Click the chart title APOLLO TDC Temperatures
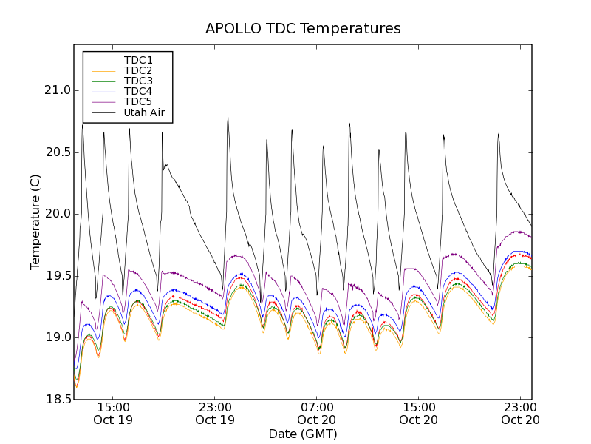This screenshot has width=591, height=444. tap(303, 29)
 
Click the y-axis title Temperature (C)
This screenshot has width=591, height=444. tap(35, 222)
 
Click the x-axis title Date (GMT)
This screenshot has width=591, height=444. tap(303, 434)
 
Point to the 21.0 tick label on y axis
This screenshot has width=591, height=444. tap(57, 91)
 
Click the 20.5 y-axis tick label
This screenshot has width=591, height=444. tap(57, 152)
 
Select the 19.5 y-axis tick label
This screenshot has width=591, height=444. tap(57, 276)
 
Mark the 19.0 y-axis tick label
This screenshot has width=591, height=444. tap(57, 337)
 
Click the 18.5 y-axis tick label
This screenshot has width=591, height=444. tap(57, 400)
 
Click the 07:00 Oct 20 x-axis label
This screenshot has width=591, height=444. tap(317, 413)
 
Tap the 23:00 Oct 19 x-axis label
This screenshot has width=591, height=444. tap(215, 413)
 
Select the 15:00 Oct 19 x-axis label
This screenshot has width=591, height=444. tap(113, 413)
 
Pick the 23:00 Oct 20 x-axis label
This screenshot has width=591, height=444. tap(521, 413)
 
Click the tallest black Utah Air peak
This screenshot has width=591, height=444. tap(228, 118)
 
